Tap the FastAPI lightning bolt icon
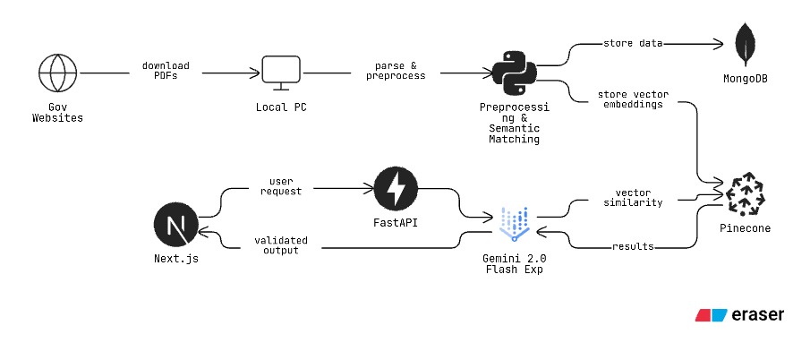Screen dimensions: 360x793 (395, 190)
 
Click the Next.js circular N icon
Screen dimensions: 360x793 (175, 225)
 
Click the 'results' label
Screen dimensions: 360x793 (634, 246)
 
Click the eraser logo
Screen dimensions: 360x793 (740, 315)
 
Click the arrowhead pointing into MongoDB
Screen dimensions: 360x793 (719, 43)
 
